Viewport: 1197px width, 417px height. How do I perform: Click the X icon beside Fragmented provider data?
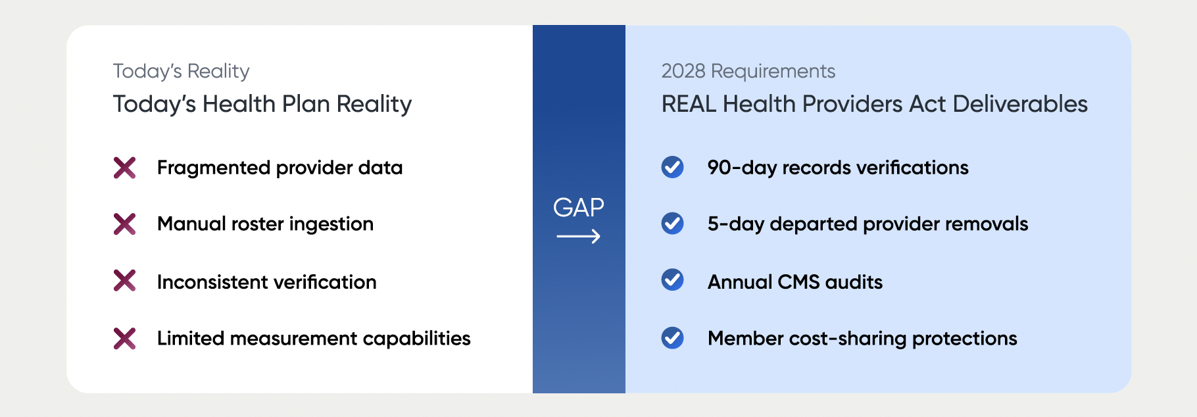point(124,168)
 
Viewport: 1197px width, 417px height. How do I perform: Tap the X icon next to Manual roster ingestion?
point(124,224)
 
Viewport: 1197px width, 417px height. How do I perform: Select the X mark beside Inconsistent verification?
point(124,281)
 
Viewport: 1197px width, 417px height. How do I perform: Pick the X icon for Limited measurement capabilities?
point(124,338)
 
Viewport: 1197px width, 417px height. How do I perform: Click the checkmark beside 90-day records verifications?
point(672,167)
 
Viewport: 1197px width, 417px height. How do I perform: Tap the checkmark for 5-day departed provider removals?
point(672,224)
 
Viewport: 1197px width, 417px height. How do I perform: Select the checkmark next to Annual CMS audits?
point(672,280)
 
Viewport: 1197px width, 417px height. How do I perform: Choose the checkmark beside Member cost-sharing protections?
point(672,338)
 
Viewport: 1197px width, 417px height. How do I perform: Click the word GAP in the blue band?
point(579,207)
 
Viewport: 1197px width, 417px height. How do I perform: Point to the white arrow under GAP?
point(579,236)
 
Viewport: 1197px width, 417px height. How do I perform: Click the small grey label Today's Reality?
point(182,71)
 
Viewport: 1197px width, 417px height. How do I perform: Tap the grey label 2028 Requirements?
point(748,71)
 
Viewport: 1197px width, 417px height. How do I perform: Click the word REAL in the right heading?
point(689,104)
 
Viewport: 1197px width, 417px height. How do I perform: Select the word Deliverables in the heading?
point(1020,104)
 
